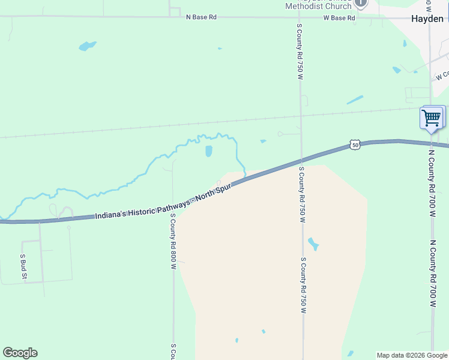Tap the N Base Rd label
tap(201, 17)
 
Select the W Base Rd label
tap(339, 18)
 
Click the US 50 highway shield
tap(355, 145)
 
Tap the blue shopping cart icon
tap(432, 117)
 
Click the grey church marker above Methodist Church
tap(361, 3)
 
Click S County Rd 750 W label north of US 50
tap(299, 53)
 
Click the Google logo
tap(20, 353)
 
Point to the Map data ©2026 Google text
tap(412, 355)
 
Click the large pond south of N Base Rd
tap(87, 46)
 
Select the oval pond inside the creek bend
tap(209, 151)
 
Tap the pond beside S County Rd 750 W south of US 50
tap(313, 244)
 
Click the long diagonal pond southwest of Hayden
tap(355, 100)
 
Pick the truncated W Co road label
tap(442, 76)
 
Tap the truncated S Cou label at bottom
tap(173, 352)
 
